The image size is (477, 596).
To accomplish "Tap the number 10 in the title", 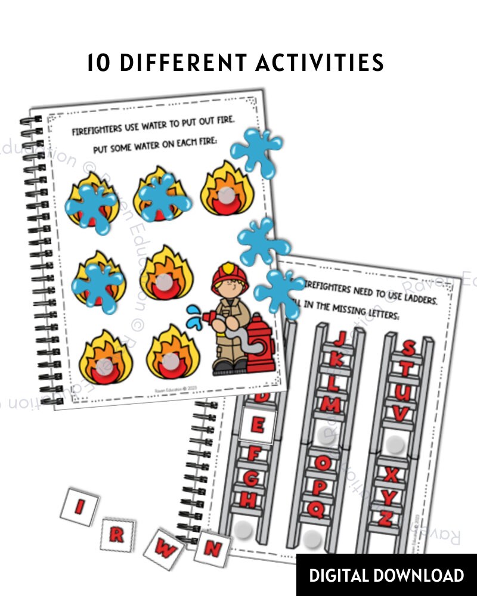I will click(100, 63).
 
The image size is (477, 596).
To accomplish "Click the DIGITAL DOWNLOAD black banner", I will click(386, 575).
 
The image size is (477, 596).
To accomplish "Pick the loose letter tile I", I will click(79, 507).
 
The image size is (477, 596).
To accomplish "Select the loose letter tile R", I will click(117, 534).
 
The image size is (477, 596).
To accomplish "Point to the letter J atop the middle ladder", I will click(339, 340).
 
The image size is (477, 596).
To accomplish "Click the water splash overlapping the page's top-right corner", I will click(256, 150).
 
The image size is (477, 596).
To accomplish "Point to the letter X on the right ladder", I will click(391, 475).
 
